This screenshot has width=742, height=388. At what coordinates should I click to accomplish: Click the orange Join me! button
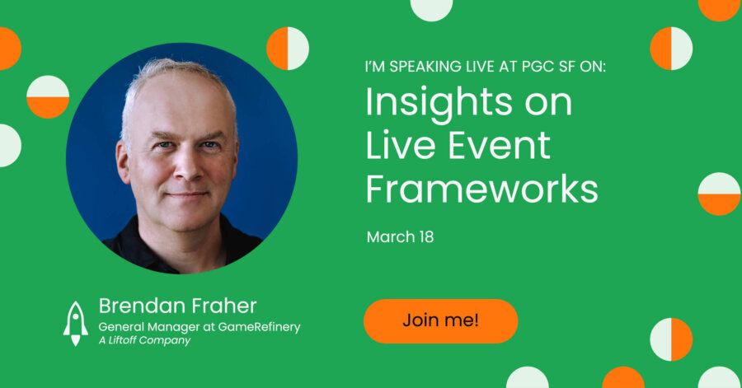tap(440, 321)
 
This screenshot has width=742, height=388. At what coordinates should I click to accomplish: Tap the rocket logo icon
tap(76, 324)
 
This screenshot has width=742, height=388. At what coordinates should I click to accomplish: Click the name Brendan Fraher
tap(177, 306)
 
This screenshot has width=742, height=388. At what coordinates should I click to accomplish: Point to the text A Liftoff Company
tap(144, 340)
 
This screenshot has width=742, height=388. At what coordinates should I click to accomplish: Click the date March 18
tap(400, 236)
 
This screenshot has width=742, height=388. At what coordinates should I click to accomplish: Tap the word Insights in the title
tap(439, 104)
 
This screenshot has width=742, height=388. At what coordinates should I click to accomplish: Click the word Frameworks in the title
tap(481, 189)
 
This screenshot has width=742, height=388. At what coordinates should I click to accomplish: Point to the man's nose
tap(188, 166)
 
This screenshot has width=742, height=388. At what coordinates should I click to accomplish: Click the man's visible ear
tap(123, 161)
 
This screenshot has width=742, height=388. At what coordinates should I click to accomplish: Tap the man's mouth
tap(188, 194)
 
